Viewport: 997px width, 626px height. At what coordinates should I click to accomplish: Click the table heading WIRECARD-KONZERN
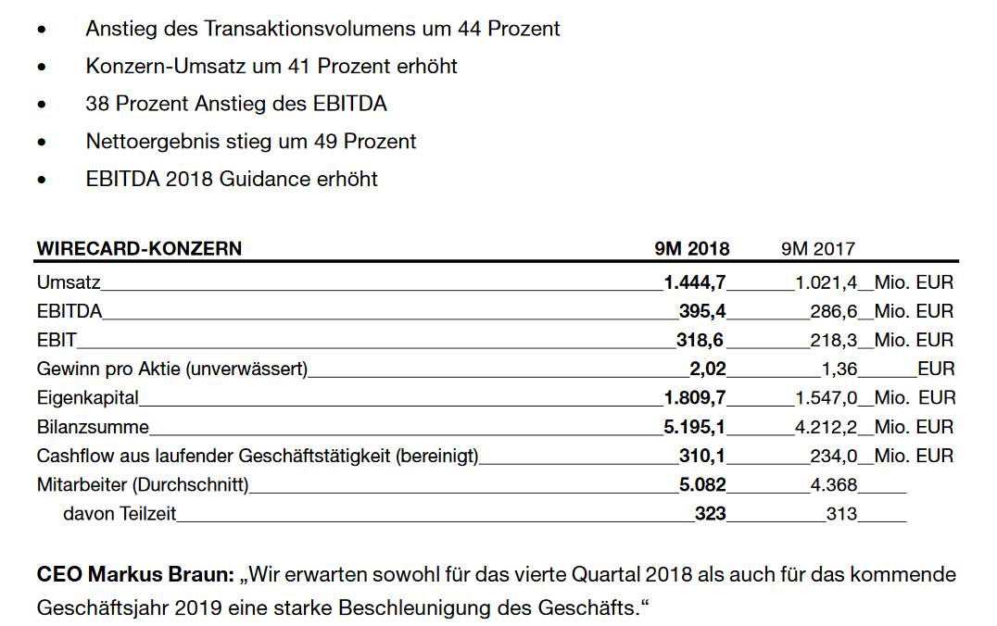point(139,248)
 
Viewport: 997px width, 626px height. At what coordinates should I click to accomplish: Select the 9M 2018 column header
point(692,248)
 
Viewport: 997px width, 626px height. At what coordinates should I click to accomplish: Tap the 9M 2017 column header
point(818,248)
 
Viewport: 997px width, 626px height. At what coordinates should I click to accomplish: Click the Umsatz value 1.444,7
point(695,282)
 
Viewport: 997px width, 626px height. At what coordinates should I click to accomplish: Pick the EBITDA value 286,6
point(833,310)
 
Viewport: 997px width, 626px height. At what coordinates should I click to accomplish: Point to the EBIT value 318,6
point(701,340)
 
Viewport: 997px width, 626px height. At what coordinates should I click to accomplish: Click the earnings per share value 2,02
point(708,369)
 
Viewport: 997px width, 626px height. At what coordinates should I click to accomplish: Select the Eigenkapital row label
point(87,398)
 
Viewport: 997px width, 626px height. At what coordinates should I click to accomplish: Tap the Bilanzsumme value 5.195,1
point(695,427)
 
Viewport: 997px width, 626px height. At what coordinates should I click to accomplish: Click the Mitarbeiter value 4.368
point(833,484)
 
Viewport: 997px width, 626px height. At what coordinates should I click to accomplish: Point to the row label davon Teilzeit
point(120,513)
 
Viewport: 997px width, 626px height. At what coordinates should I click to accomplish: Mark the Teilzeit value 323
point(711,513)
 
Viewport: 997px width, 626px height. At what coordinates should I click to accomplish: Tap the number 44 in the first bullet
point(468,29)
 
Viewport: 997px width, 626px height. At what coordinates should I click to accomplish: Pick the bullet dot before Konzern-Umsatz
point(41,68)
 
